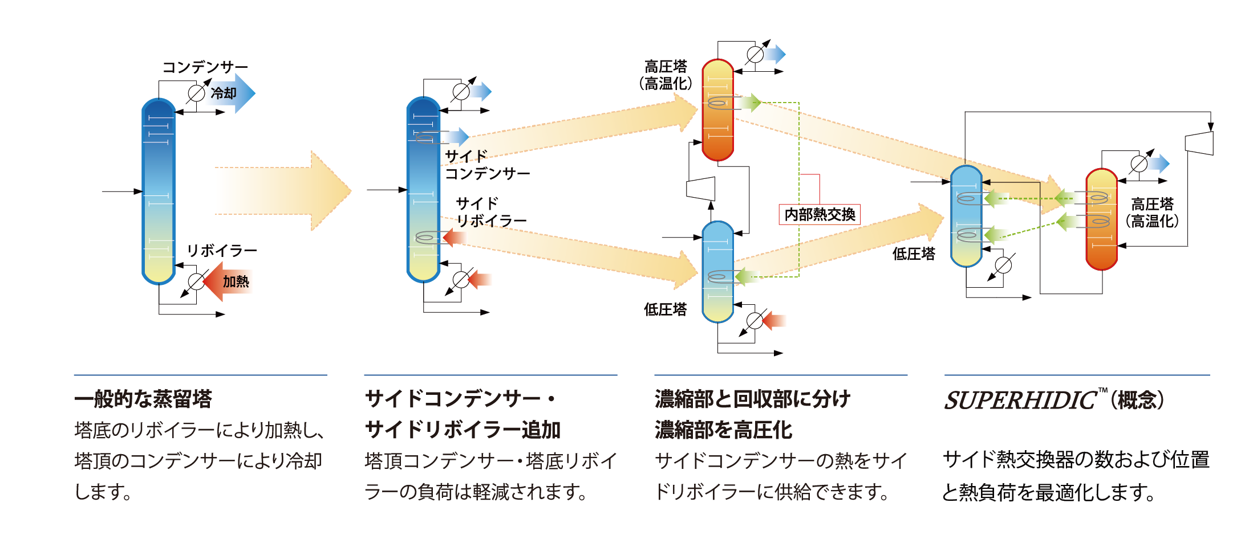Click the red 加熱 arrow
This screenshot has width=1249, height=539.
click(x=228, y=281)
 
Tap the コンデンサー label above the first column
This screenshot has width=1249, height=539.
click(x=205, y=67)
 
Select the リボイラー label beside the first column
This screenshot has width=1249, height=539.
click(x=222, y=251)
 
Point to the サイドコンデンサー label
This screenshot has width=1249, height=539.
click(x=486, y=165)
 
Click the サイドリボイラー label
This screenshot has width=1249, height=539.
click(x=490, y=212)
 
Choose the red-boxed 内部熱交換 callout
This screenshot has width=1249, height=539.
click(x=820, y=214)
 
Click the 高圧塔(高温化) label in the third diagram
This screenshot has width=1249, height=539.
click(x=666, y=75)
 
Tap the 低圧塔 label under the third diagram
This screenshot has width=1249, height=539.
click(x=665, y=309)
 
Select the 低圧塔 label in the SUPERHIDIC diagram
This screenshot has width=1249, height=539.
click(x=914, y=254)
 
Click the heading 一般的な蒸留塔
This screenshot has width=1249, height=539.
click(x=143, y=399)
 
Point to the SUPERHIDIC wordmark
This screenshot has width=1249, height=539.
click(x=1020, y=401)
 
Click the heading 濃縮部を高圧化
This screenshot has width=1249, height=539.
click(x=723, y=430)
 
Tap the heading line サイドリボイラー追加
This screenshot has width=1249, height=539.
click(x=463, y=430)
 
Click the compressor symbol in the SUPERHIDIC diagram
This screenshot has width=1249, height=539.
click(x=1199, y=143)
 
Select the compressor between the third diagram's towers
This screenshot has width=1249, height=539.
click(x=701, y=189)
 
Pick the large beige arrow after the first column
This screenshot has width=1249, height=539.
click(x=282, y=191)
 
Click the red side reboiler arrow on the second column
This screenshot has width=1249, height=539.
click(x=454, y=237)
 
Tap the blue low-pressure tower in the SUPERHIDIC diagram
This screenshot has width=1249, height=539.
click(x=966, y=217)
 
